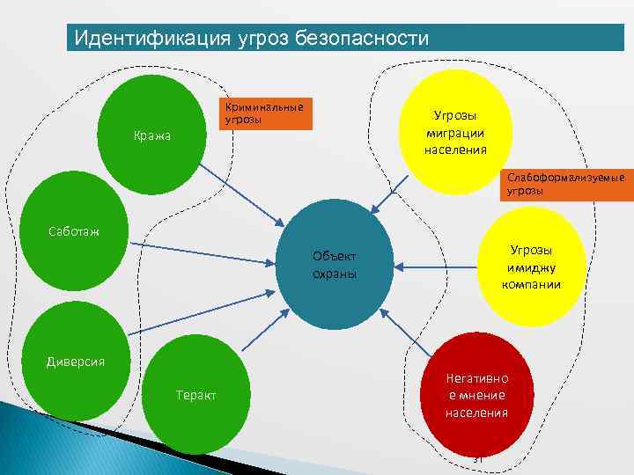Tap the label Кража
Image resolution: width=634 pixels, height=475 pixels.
(152, 136)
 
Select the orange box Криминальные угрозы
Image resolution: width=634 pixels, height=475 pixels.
(264, 113)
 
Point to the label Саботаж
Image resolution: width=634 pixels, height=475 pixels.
(73, 231)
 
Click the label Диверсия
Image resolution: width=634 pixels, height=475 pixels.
(76, 362)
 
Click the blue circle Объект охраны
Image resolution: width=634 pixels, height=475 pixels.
(335, 264)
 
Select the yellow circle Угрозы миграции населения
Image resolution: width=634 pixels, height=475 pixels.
(454, 132)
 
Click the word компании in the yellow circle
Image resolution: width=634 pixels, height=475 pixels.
(531, 285)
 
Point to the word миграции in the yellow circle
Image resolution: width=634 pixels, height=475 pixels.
(454, 132)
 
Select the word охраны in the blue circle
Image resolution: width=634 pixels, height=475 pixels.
(335, 274)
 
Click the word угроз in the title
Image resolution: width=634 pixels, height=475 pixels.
(265, 39)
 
